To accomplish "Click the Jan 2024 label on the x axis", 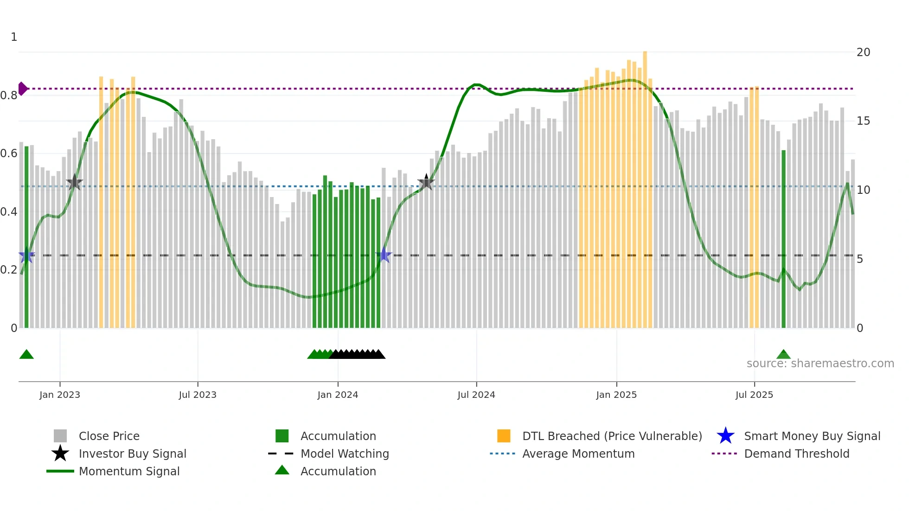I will click(338, 395).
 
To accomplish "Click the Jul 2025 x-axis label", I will click(754, 395).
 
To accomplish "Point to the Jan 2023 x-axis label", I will click(60, 395).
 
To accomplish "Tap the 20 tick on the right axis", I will click(863, 52).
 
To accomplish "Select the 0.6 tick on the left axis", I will click(9, 153).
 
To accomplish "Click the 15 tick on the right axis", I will click(863, 121).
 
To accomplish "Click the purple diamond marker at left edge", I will click(22, 89).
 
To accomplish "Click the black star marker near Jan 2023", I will click(74, 183).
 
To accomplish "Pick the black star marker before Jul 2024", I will click(426, 183).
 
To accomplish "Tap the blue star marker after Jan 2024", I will click(384, 255).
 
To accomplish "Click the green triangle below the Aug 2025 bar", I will click(783, 355).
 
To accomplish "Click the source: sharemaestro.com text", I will click(820, 364).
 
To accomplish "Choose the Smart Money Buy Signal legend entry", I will click(812, 436).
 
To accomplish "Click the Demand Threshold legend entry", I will click(796, 454).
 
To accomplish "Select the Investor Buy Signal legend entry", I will click(132, 454).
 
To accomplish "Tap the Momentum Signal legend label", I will click(129, 471).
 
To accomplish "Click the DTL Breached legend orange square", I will click(504, 436).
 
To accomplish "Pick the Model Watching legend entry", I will click(344, 454).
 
